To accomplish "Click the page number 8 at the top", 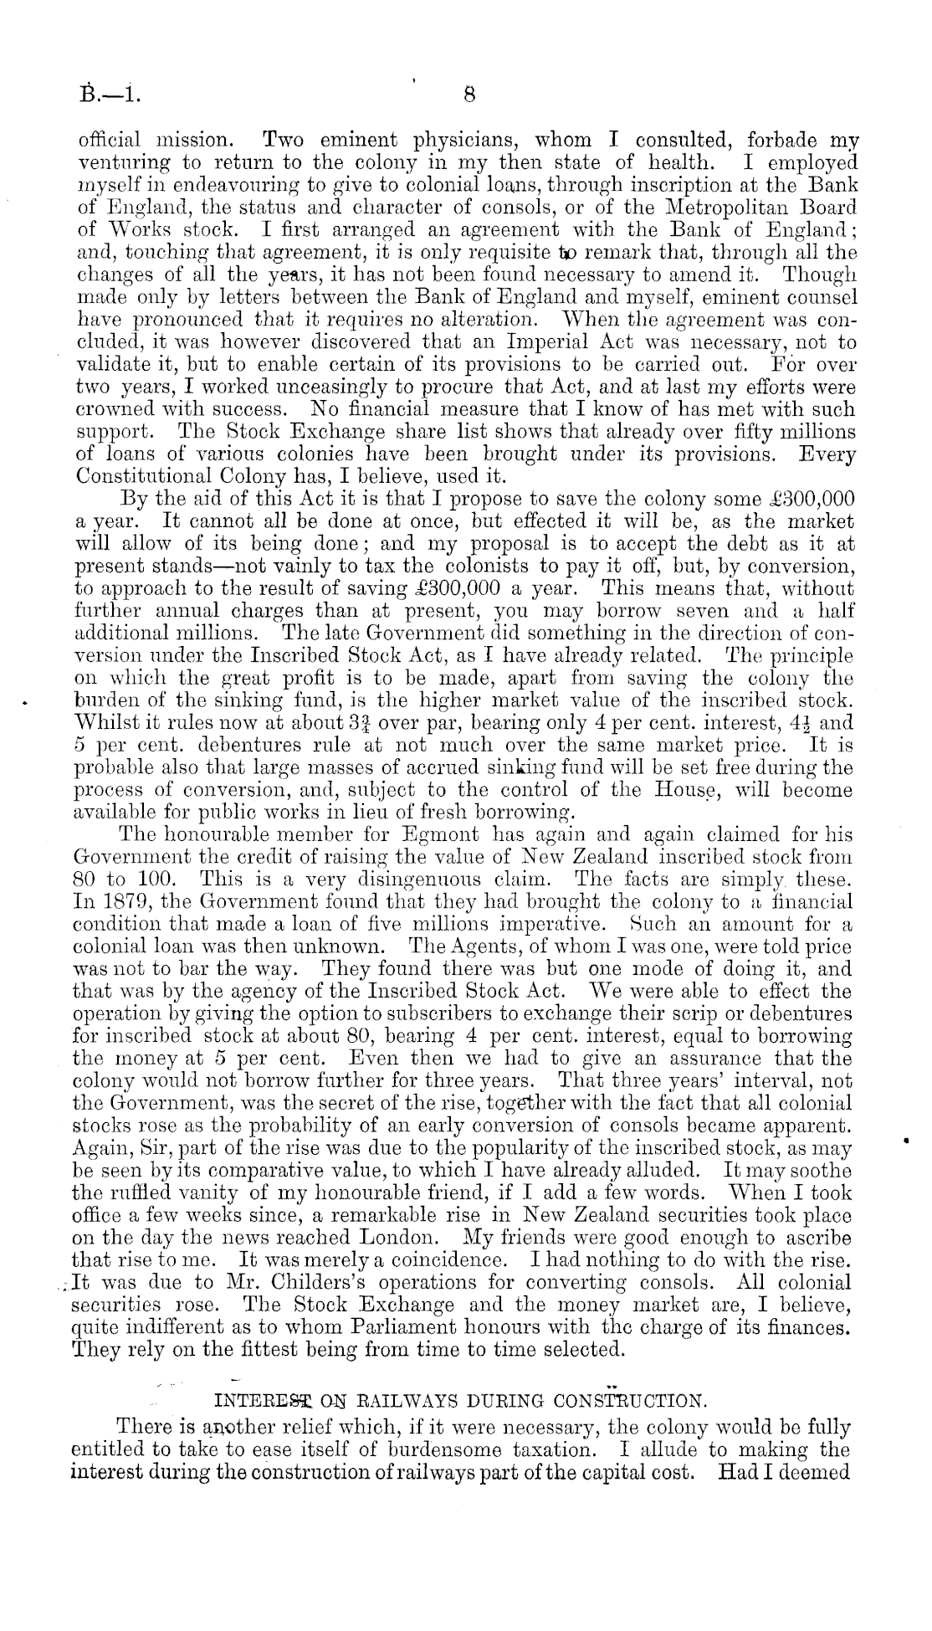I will click(x=469, y=95).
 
